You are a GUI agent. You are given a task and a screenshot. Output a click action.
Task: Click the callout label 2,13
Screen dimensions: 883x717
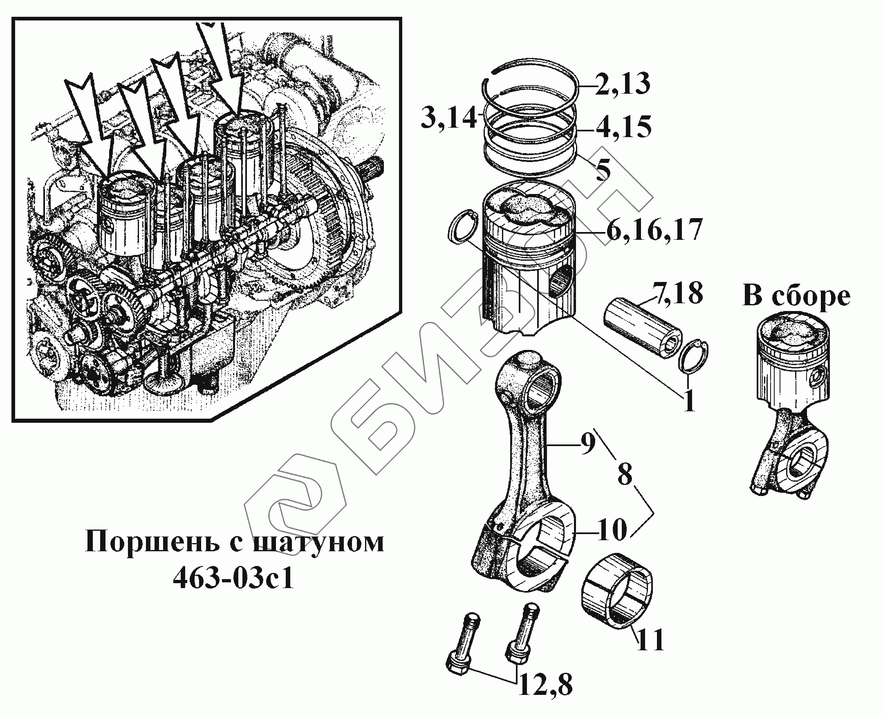point(622,84)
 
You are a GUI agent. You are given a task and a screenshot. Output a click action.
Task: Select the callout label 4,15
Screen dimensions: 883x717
point(623,127)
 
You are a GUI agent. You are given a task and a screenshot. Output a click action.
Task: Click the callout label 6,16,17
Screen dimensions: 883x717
point(654,230)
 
